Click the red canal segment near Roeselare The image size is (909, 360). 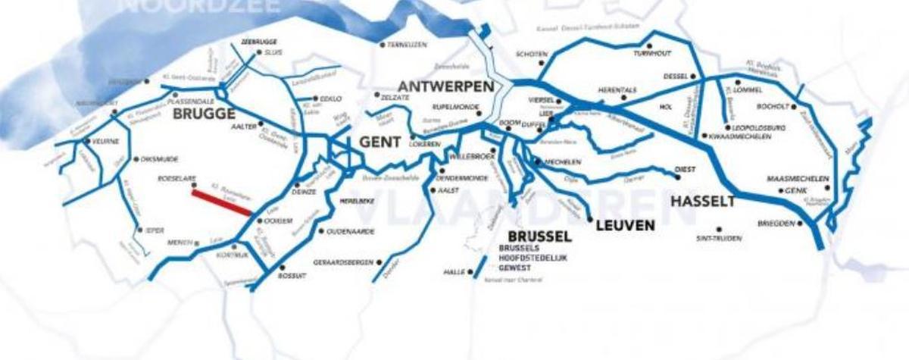coord(221,203)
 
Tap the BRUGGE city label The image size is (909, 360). coord(203,114)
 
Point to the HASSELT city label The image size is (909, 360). coord(702,202)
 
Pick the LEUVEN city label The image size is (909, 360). coord(625,225)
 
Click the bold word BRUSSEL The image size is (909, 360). coord(539,236)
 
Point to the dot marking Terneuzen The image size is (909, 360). coord(383,45)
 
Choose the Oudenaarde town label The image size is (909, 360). coord(351,231)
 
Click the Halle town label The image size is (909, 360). coord(452,271)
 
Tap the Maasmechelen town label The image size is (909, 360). coord(798,179)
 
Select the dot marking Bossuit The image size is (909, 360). coord(282,268)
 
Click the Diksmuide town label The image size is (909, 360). coord(158,160)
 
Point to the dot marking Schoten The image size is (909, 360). coord(541,64)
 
